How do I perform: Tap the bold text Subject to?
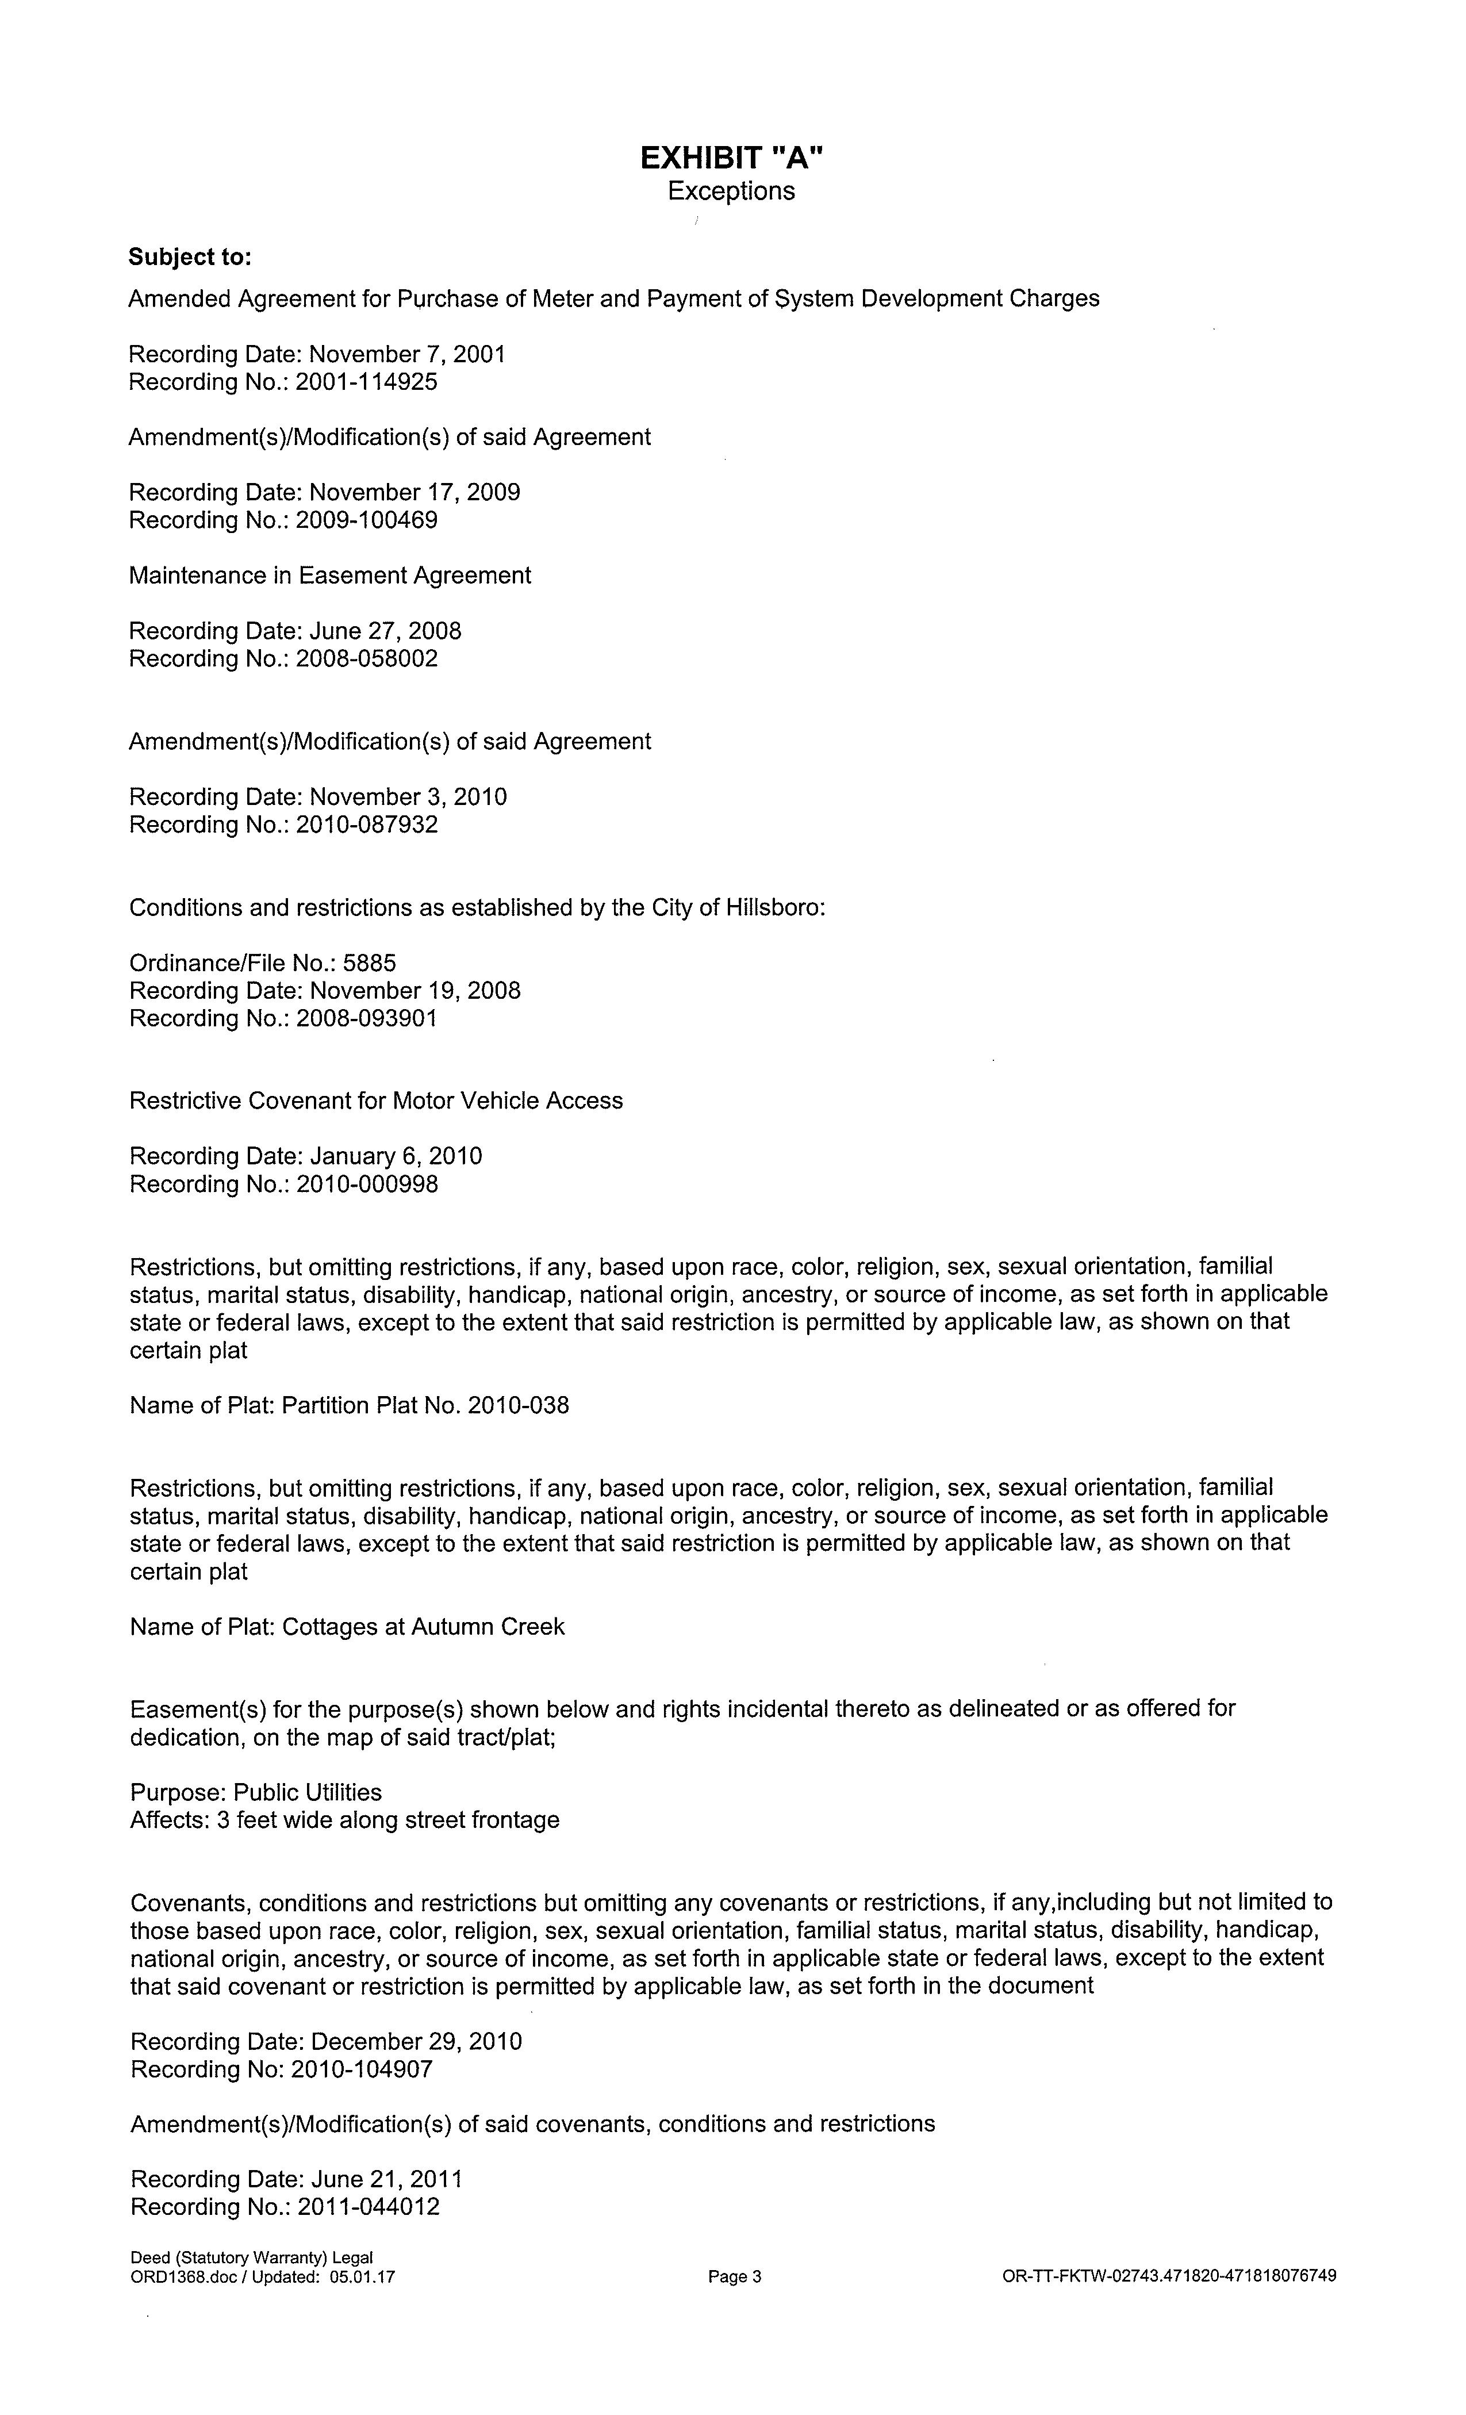(x=190, y=257)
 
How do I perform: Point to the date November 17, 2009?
(x=415, y=492)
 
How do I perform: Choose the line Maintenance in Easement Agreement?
(x=329, y=576)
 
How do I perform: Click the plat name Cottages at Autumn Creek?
(x=423, y=1627)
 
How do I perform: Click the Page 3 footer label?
(x=734, y=2277)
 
